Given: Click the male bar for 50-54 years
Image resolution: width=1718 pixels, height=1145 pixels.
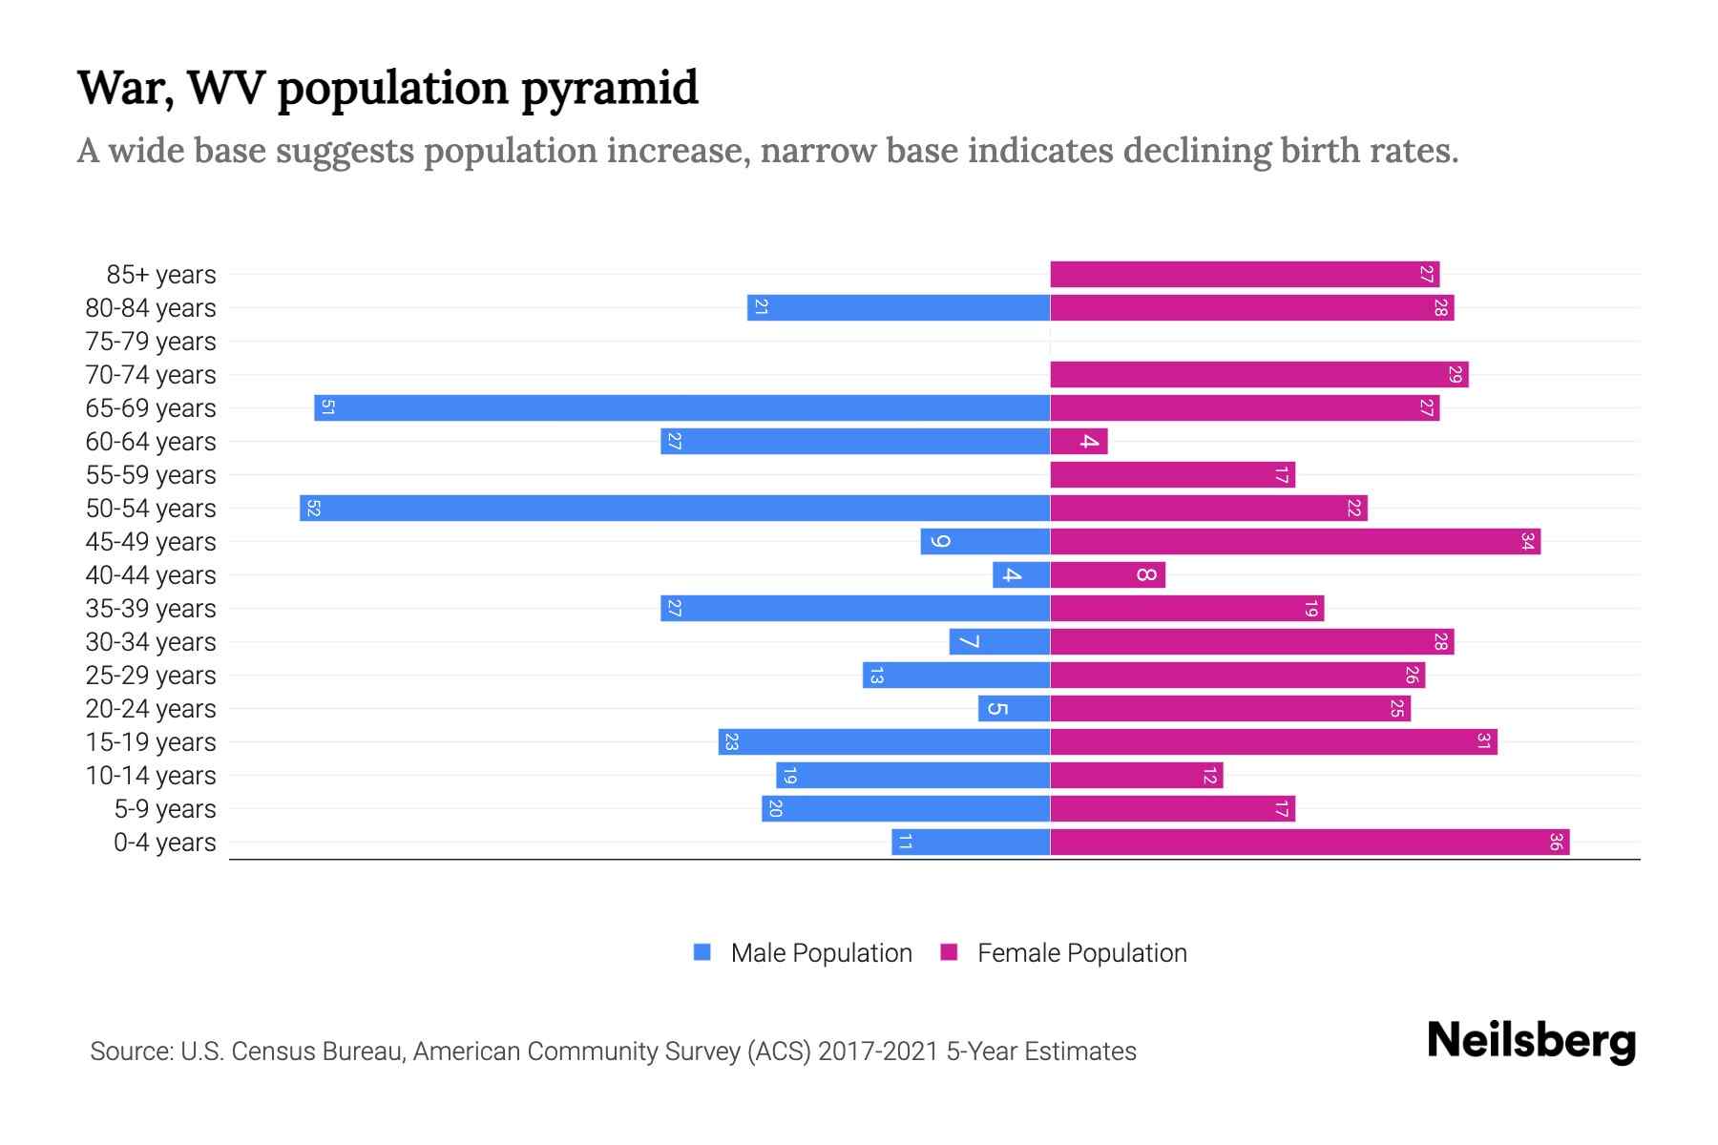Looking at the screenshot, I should (x=675, y=508).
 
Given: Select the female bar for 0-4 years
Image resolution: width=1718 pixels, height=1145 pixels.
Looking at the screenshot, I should (x=1309, y=842).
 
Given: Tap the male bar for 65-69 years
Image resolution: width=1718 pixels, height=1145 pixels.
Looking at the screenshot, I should (x=682, y=407).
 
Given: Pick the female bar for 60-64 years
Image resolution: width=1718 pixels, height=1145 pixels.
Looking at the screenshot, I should (x=1079, y=441).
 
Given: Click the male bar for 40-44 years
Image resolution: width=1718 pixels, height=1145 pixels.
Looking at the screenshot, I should (x=1021, y=574).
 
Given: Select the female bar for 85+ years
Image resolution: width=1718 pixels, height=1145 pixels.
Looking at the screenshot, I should (x=1245, y=274).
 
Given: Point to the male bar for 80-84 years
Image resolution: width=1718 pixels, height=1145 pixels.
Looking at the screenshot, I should (x=898, y=307).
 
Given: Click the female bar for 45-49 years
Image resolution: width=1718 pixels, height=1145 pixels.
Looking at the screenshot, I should (x=1295, y=541).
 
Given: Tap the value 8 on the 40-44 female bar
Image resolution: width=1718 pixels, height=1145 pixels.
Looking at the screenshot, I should (x=1146, y=574).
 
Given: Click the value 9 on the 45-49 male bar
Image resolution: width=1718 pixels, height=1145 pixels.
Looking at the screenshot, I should (x=940, y=541).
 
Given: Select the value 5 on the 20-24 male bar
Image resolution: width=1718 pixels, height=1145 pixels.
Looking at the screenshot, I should (x=996, y=708).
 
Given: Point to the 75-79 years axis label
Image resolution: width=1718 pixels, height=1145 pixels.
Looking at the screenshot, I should (x=151, y=341).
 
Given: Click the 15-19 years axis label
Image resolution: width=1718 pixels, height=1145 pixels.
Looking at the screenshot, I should (x=151, y=741).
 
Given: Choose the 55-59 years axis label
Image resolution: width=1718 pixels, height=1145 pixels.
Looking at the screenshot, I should (x=151, y=474).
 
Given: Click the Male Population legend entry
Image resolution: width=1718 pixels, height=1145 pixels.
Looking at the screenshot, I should (x=821, y=952).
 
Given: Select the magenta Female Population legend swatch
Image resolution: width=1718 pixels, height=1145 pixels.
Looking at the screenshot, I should (x=949, y=952).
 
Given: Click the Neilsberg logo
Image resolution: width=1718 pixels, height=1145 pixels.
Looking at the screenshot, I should (x=1531, y=1040).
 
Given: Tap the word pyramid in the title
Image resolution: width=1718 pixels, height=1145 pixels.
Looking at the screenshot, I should (x=610, y=89).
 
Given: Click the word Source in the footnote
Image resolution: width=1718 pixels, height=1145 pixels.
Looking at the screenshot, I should (x=131, y=1051).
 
